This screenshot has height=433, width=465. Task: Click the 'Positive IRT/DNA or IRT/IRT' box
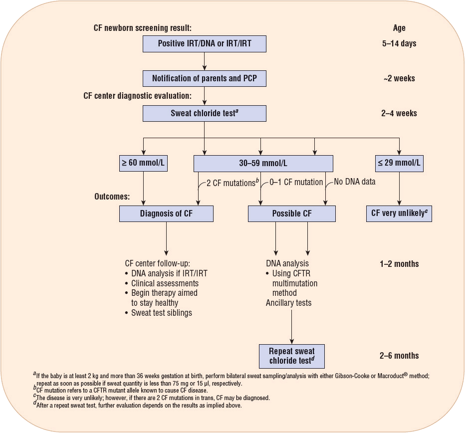[x=205, y=43]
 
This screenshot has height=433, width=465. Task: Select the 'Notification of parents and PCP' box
[x=205, y=78]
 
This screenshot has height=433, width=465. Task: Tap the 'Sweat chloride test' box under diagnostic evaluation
[x=205, y=113]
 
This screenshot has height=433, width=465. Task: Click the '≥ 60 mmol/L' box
[x=144, y=163]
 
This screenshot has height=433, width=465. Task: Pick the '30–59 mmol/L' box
[x=263, y=163]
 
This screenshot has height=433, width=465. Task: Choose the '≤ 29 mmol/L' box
[x=399, y=163]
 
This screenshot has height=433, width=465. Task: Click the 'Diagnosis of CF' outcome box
[x=166, y=214]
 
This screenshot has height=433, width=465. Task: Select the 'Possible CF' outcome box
[x=292, y=214]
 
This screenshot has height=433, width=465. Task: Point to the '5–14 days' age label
[x=399, y=43]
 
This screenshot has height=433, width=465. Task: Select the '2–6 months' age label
[x=399, y=356]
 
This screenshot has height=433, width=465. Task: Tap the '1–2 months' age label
[x=399, y=263]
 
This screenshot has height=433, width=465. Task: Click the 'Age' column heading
[x=399, y=28]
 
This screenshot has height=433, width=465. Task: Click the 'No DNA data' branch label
[x=354, y=182]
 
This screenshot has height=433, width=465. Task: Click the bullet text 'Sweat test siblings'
[x=162, y=313]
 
